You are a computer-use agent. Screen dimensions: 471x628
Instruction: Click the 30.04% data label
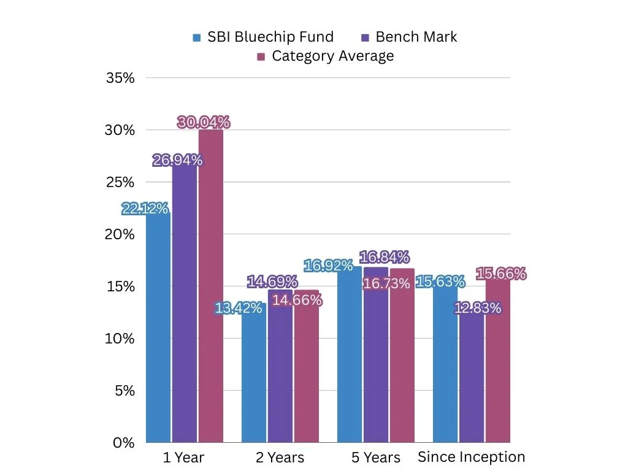[x=204, y=123]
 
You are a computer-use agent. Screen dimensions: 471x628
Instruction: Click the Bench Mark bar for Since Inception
[x=472, y=380]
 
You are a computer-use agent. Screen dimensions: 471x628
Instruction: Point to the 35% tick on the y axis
[x=121, y=78]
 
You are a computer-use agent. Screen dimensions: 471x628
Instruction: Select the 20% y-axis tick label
[x=121, y=234]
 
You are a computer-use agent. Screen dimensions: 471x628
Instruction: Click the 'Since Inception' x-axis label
[x=471, y=457]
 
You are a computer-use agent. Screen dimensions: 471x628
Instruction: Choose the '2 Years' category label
[x=279, y=458]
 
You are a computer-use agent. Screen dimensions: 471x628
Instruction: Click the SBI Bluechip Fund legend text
[x=270, y=37]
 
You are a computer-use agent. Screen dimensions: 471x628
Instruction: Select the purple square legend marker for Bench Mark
[x=366, y=37]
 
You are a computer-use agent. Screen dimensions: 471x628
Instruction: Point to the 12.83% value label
[x=478, y=308]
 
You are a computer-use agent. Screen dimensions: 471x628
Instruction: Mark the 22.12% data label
[x=145, y=209]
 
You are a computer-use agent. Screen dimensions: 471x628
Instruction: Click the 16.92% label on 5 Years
[x=328, y=266]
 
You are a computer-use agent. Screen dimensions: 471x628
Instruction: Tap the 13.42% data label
[x=239, y=308]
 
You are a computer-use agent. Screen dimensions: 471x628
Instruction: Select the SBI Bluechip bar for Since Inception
[x=445, y=368]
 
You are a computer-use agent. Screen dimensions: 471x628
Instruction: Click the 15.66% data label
[x=502, y=274]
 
